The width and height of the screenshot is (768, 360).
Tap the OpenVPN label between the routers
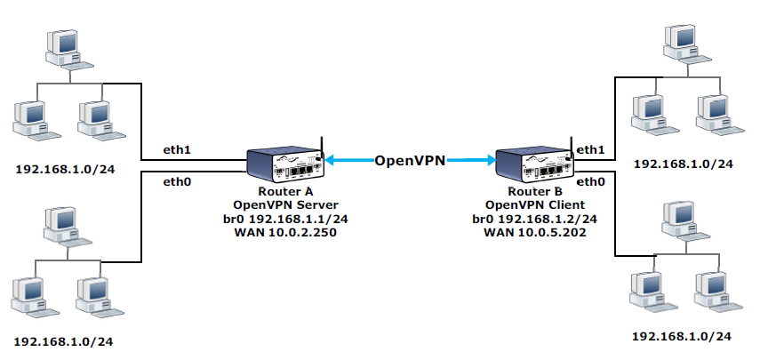410,161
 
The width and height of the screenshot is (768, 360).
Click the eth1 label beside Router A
177,149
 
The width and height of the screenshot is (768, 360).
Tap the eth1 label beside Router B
590,150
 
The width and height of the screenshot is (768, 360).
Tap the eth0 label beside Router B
590,181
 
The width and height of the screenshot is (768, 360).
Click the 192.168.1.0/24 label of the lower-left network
66,341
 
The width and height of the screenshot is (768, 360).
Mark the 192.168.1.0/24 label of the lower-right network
682,337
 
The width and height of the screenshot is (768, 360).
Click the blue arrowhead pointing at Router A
329,161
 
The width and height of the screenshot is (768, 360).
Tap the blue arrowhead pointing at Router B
490,161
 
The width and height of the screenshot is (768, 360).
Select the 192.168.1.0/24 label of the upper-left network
66,167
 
